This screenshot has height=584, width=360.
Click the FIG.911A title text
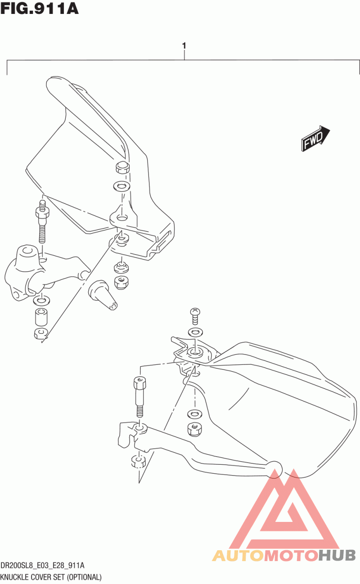tap(39, 9)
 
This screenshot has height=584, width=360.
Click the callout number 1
tap(184, 46)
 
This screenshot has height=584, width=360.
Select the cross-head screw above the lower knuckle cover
tap(195, 315)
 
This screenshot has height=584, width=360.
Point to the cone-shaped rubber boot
tap(103, 295)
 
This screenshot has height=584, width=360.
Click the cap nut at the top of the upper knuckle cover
tap(122, 167)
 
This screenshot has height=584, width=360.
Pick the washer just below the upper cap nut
tap(121, 186)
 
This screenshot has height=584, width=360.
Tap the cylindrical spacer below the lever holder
tap(41, 317)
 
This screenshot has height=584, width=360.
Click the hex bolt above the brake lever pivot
tap(139, 397)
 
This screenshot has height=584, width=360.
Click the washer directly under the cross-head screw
tap(196, 332)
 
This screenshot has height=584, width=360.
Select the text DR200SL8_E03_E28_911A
tap(42, 566)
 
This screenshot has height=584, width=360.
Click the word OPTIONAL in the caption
tap(84, 577)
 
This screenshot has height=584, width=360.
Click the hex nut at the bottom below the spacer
tap(40, 333)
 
